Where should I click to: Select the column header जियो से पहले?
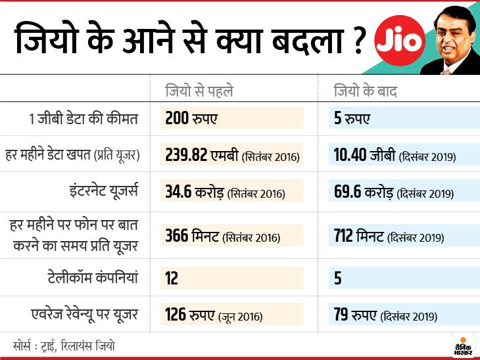(199, 91)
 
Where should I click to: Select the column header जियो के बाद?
(366, 91)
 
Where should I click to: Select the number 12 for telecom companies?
(172, 278)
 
